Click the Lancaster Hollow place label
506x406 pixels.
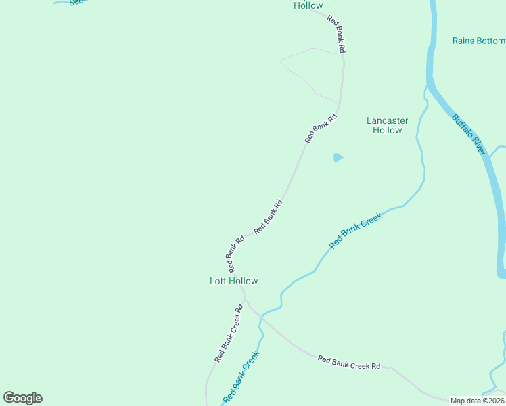coord(387,125)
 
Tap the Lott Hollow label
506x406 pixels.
coord(233,281)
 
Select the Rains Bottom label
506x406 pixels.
coord(478,41)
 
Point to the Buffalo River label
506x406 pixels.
coord(469,134)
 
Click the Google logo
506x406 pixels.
coord(22,398)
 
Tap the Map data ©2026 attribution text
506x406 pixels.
coord(478,401)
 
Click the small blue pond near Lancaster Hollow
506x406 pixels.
coord(338,158)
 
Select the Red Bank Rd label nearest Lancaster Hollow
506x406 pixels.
coord(321,128)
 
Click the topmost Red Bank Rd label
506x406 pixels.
coord(336,35)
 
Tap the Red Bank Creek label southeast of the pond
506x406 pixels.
coord(356,230)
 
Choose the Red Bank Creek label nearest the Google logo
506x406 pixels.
coord(241,377)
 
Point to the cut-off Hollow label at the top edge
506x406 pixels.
coord(308,5)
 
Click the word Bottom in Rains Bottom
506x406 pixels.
coord(490,41)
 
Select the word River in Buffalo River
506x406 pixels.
coord(478,145)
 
